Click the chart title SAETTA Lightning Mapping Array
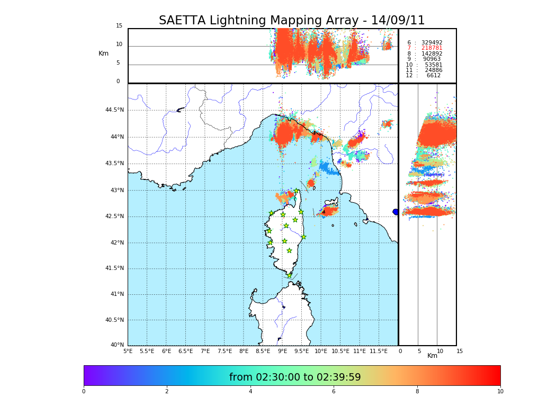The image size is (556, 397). pos(292,21)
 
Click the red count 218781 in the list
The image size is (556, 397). pos(432,48)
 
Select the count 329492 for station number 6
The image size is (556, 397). pos(432,43)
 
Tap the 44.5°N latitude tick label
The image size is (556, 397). pos(114,110)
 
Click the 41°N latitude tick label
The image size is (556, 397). pos(116,294)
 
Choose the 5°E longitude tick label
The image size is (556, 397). pos(128,351)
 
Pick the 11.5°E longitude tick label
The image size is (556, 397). pos(379,351)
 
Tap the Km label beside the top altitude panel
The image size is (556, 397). pos(103,53)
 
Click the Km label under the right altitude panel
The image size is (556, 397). pos(433,356)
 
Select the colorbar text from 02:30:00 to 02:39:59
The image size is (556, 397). pos(295,377)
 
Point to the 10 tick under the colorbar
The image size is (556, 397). pos(500,392)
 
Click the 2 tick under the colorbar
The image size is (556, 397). pos(167,392)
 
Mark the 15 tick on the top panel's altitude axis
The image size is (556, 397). pos(119,26)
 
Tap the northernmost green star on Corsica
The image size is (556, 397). pos(297,191)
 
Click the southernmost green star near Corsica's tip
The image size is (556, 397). pos(289,275)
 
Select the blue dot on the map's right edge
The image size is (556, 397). pos(396,212)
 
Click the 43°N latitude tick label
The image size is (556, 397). pos(116,191)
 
